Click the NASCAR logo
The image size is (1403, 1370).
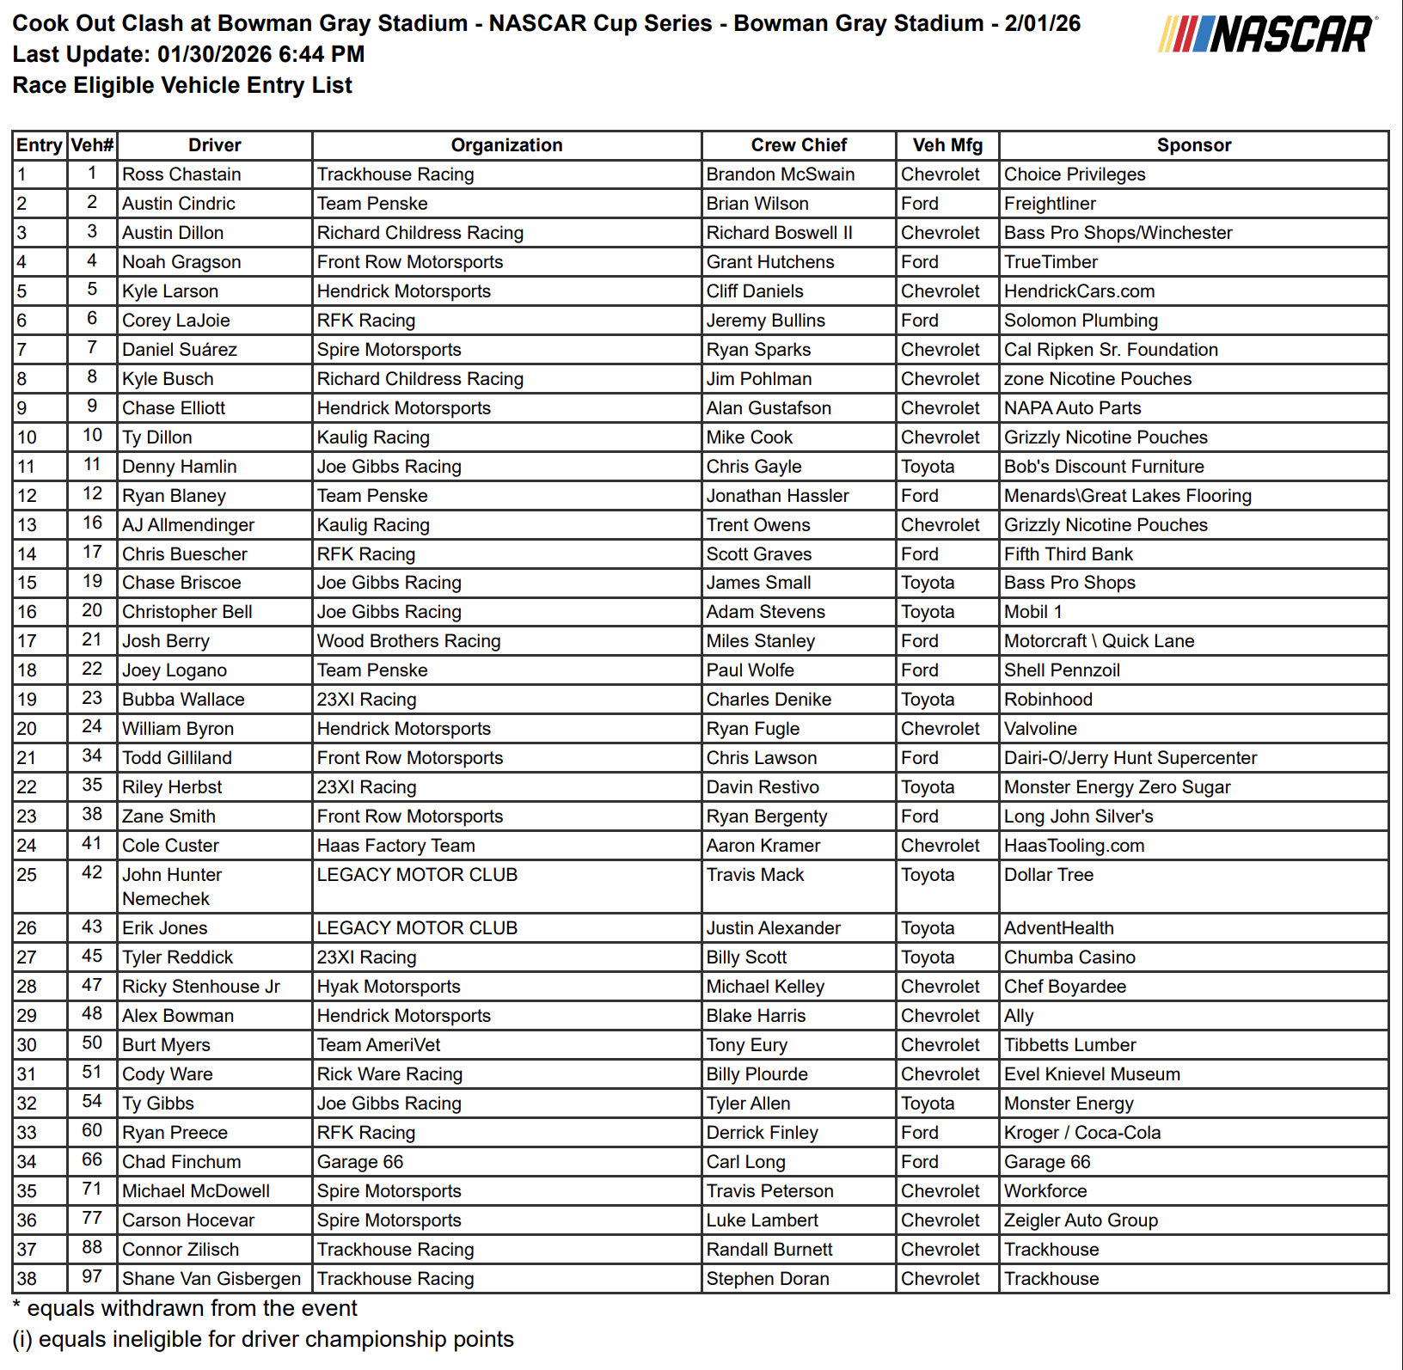1266,34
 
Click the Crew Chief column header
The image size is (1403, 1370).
799,145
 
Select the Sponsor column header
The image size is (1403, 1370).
1193,145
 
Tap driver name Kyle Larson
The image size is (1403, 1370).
170,291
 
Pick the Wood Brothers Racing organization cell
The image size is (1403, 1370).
408,641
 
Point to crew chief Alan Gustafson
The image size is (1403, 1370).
769,408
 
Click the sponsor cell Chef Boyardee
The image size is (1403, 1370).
1065,987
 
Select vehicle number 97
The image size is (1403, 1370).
92,1277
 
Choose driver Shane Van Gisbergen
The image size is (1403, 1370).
211,1279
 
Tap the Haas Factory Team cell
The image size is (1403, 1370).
395,846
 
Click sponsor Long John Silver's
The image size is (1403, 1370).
1079,816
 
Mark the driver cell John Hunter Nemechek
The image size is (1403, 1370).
172,887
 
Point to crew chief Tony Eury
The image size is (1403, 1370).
746,1045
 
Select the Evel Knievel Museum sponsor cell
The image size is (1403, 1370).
1092,1074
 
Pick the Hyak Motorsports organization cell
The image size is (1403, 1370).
389,987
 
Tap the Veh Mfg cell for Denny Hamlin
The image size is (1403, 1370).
928,467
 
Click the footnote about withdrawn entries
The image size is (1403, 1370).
185,1309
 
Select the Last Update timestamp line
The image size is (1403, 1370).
188,54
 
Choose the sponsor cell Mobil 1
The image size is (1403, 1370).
1033,612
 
